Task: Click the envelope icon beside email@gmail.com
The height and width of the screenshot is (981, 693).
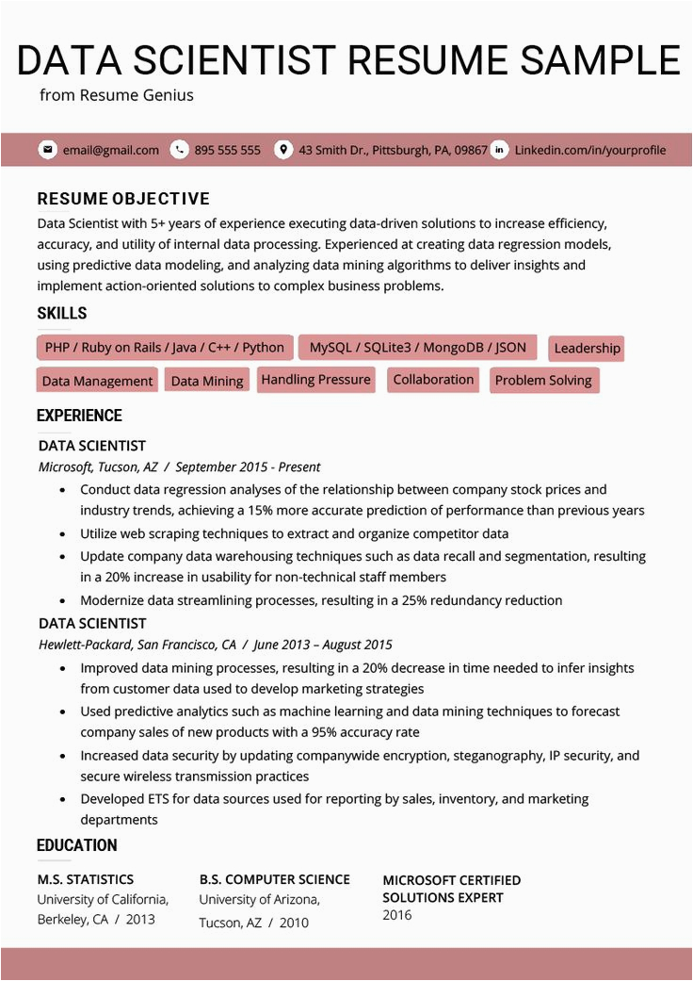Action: [x=47, y=150]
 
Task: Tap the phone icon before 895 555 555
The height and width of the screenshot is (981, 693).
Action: [x=179, y=150]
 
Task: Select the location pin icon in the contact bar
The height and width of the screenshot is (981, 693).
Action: [x=282, y=150]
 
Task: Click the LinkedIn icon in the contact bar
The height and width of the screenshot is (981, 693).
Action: [x=499, y=150]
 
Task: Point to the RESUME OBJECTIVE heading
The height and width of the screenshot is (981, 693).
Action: [x=123, y=199]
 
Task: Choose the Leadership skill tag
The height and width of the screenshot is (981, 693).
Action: [x=587, y=349]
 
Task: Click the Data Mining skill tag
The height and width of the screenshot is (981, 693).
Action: [x=207, y=381]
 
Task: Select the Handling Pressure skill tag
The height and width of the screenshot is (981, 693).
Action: [x=316, y=380]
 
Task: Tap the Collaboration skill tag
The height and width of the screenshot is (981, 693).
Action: [x=433, y=380]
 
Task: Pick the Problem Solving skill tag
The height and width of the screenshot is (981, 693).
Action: [x=543, y=381]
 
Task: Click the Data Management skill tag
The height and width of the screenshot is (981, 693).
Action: [x=97, y=381]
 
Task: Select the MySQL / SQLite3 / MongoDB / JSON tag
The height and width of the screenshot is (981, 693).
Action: [x=417, y=347]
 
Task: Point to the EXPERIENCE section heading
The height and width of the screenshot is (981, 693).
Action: [x=79, y=416]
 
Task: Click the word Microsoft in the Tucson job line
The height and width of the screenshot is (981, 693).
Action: [x=65, y=466]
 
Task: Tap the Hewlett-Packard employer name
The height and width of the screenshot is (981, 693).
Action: [x=85, y=646]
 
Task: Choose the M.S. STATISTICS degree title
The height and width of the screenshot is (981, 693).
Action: [x=86, y=879]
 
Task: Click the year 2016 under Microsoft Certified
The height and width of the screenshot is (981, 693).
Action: [x=397, y=915]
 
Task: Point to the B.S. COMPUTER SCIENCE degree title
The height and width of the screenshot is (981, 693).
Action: [x=274, y=879]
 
